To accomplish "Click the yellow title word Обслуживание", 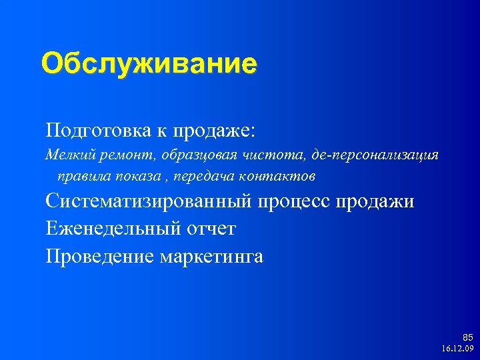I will click(148, 65).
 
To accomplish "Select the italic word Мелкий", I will click(66, 155).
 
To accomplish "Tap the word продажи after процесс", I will click(379, 201).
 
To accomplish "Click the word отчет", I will click(211, 229).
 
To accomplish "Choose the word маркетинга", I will click(212, 256).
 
